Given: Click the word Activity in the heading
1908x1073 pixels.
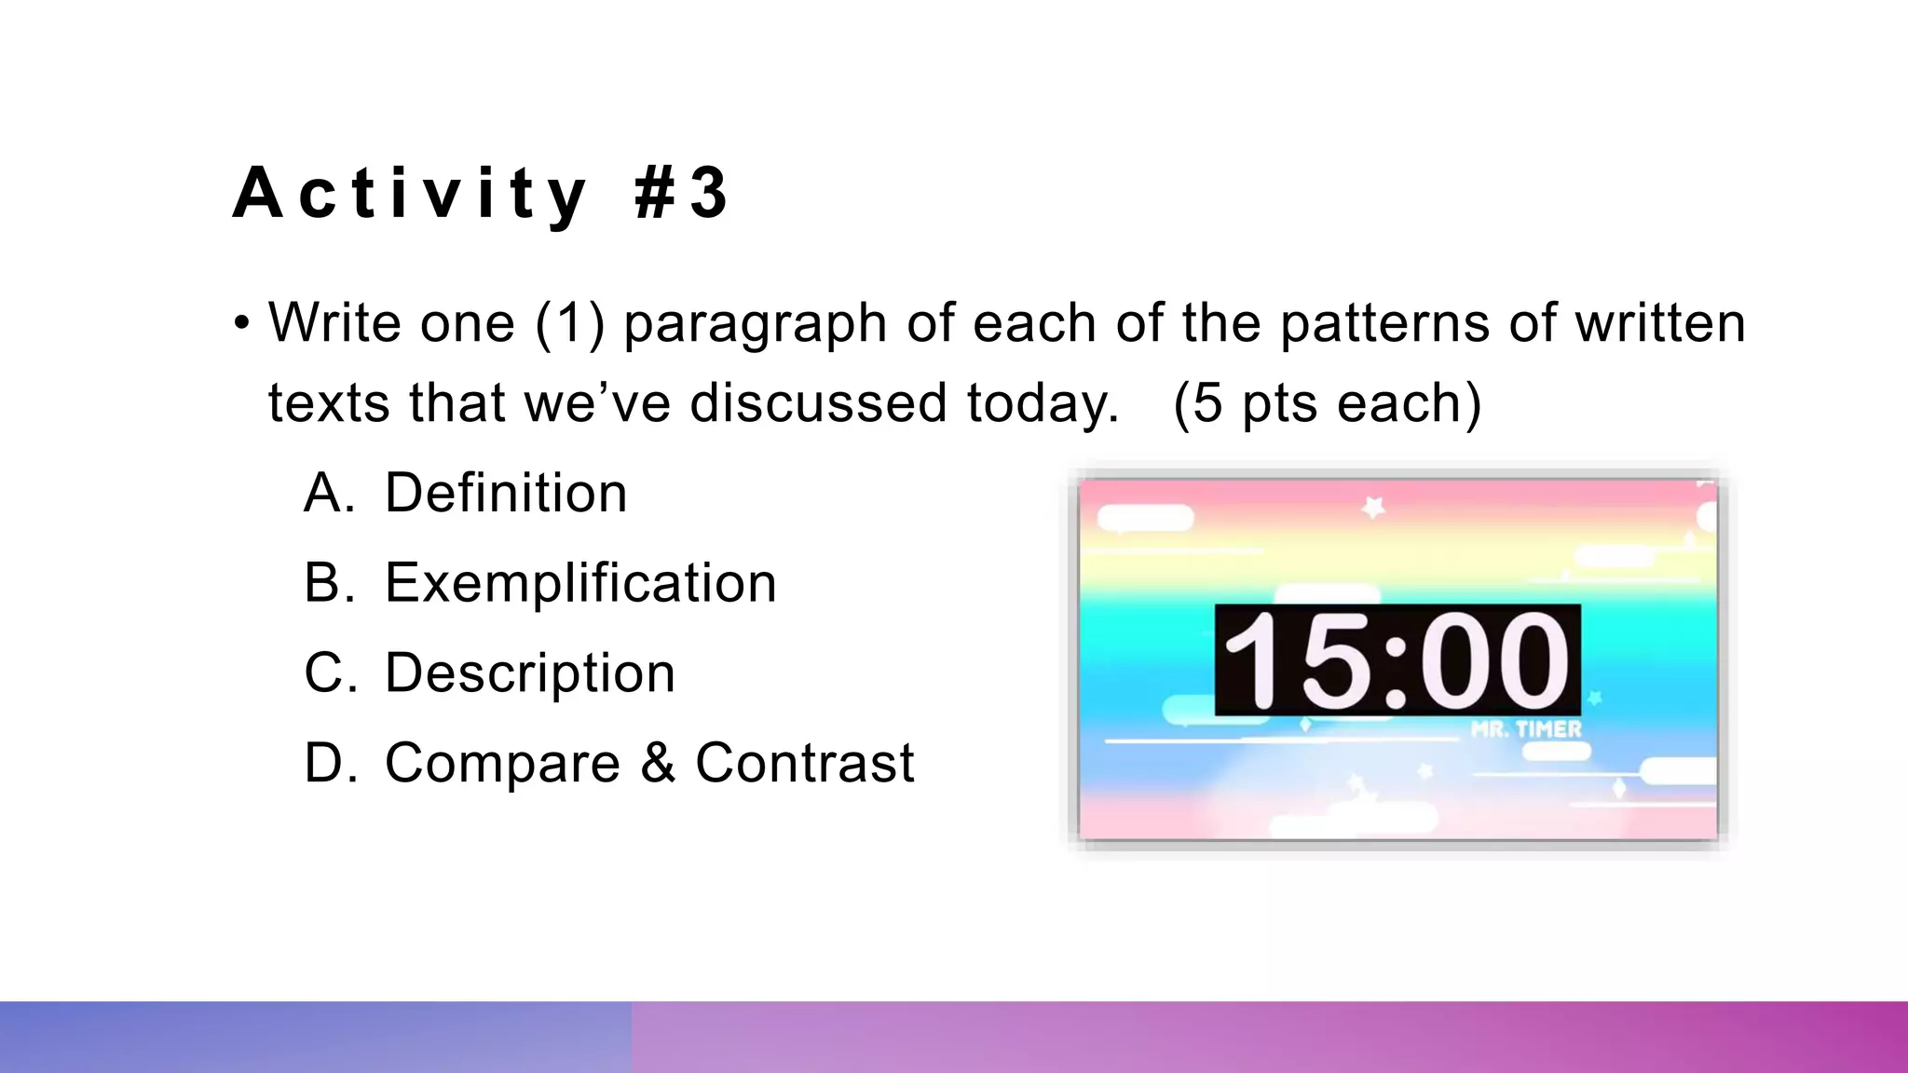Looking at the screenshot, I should pyautogui.click(x=410, y=194).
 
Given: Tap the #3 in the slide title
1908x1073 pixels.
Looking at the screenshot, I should pyautogui.click(x=681, y=194).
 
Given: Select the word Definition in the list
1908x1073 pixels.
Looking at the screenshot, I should pyautogui.click(x=506, y=493).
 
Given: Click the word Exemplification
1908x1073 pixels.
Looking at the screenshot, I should pyautogui.click(x=580, y=583).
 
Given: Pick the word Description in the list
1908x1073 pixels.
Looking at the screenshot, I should pyautogui.click(x=529, y=672).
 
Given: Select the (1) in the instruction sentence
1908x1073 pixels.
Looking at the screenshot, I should pyautogui.click(x=569, y=323).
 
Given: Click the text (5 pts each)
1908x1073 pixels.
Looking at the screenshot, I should pyautogui.click(x=1327, y=403).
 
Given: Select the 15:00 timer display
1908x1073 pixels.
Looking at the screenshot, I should pyautogui.click(x=1397, y=660).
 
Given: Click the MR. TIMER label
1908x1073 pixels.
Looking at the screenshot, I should pyautogui.click(x=1526, y=729).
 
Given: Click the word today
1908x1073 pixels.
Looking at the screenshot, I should pyautogui.click(x=1042, y=405).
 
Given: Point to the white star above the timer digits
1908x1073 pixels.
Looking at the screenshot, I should pyautogui.click(x=1373, y=507).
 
